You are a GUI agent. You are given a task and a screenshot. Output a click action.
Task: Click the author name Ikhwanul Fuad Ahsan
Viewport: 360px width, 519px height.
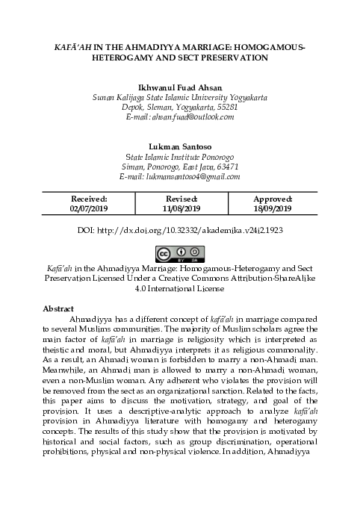(x=179, y=87)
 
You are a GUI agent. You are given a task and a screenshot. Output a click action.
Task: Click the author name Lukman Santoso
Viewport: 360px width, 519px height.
(x=179, y=146)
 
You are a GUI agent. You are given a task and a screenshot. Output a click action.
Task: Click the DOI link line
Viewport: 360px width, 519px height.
(x=180, y=231)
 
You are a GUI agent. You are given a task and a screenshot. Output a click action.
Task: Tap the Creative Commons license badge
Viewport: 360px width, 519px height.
(x=179, y=253)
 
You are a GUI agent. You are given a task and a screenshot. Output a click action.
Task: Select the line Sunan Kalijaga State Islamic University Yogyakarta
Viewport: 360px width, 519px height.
(x=179, y=98)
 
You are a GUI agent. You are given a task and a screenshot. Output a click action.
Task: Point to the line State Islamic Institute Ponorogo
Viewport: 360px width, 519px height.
(x=179, y=156)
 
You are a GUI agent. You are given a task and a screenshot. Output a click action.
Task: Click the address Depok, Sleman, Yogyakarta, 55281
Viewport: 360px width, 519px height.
(x=179, y=108)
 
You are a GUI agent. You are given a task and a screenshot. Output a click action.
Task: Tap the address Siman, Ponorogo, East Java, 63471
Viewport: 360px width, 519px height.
(x=179, y=167)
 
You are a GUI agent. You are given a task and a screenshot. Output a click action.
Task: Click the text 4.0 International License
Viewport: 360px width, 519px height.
(x=179, y=288)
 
